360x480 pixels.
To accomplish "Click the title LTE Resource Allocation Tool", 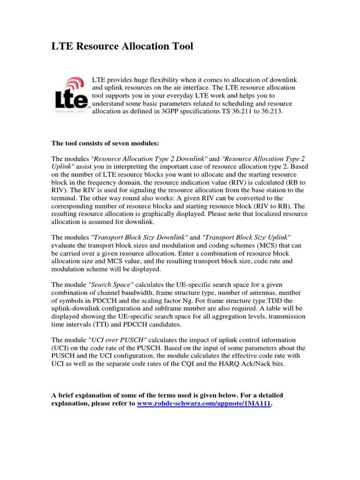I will (122, 46).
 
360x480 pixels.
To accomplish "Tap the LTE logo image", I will (71, 93).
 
